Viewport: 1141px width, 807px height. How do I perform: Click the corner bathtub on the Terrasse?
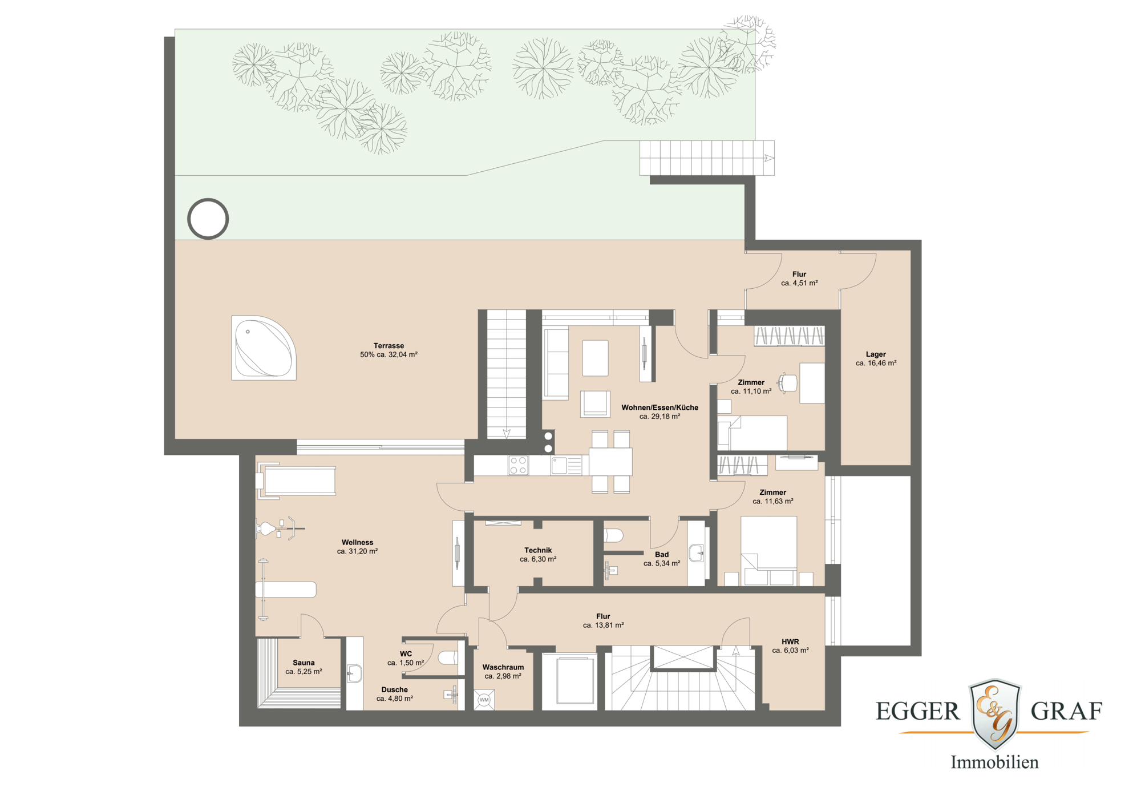point(264,348)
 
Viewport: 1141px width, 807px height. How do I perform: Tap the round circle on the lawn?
point(208,219)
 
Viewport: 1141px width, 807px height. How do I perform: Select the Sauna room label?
point(304,663)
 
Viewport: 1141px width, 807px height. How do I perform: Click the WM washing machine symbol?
point(484,700)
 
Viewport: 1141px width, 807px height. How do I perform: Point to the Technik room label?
point(538,550)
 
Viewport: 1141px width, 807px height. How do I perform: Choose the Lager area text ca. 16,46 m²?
point(876,363)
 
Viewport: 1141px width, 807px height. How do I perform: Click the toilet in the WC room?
point(448,658)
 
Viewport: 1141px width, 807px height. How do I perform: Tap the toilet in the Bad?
point(613,535)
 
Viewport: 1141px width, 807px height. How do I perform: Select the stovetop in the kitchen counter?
point(518,465)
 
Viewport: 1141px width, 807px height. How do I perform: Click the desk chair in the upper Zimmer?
point(788,383)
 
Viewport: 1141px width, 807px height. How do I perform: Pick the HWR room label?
point(790,641)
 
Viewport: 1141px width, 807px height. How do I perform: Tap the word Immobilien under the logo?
point(994,762)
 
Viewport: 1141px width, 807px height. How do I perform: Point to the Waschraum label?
point(503,667)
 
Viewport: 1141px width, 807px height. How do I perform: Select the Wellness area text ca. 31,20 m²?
point(357,551)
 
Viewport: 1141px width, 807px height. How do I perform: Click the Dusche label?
point(394,689)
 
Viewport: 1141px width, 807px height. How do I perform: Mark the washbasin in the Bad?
point(696,553)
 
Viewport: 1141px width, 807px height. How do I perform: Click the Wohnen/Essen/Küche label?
point(659,407)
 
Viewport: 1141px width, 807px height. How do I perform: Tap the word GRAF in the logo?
point(1066,711)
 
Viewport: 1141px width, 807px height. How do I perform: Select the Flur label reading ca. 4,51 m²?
point(799,283)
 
